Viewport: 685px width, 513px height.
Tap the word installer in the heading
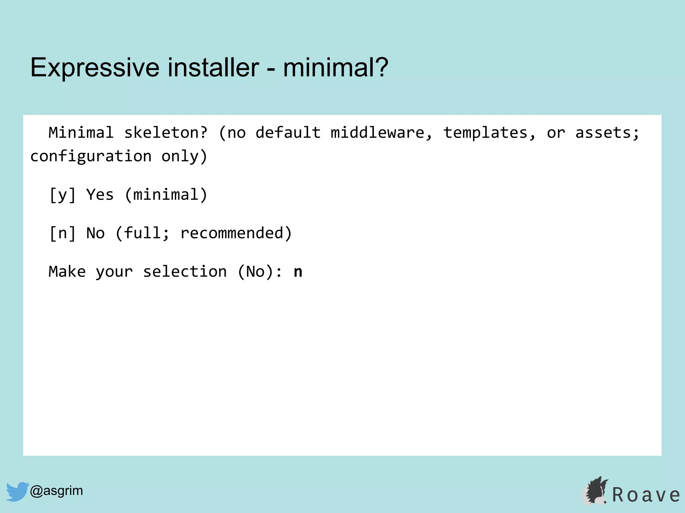point(213,68)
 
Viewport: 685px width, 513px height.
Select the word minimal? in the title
point(335,68)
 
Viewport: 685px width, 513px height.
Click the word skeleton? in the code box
point(166,133)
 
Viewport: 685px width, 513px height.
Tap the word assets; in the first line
point(607,133)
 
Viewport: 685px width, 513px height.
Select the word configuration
point(91,156)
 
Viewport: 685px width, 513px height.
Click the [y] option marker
point(63,195)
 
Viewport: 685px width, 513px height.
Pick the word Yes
point(100,195)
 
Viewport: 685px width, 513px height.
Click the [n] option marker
point(63,233)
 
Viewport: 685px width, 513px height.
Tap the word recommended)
point(236,233)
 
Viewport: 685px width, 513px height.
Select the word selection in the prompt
point(185,272)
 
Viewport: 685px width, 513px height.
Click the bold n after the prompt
point(298,272)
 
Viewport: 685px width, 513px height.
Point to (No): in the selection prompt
point(260,272)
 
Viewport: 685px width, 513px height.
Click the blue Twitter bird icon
point(17,491)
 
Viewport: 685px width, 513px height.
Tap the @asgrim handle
point(56,491)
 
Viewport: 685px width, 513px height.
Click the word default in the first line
point(288,133)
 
